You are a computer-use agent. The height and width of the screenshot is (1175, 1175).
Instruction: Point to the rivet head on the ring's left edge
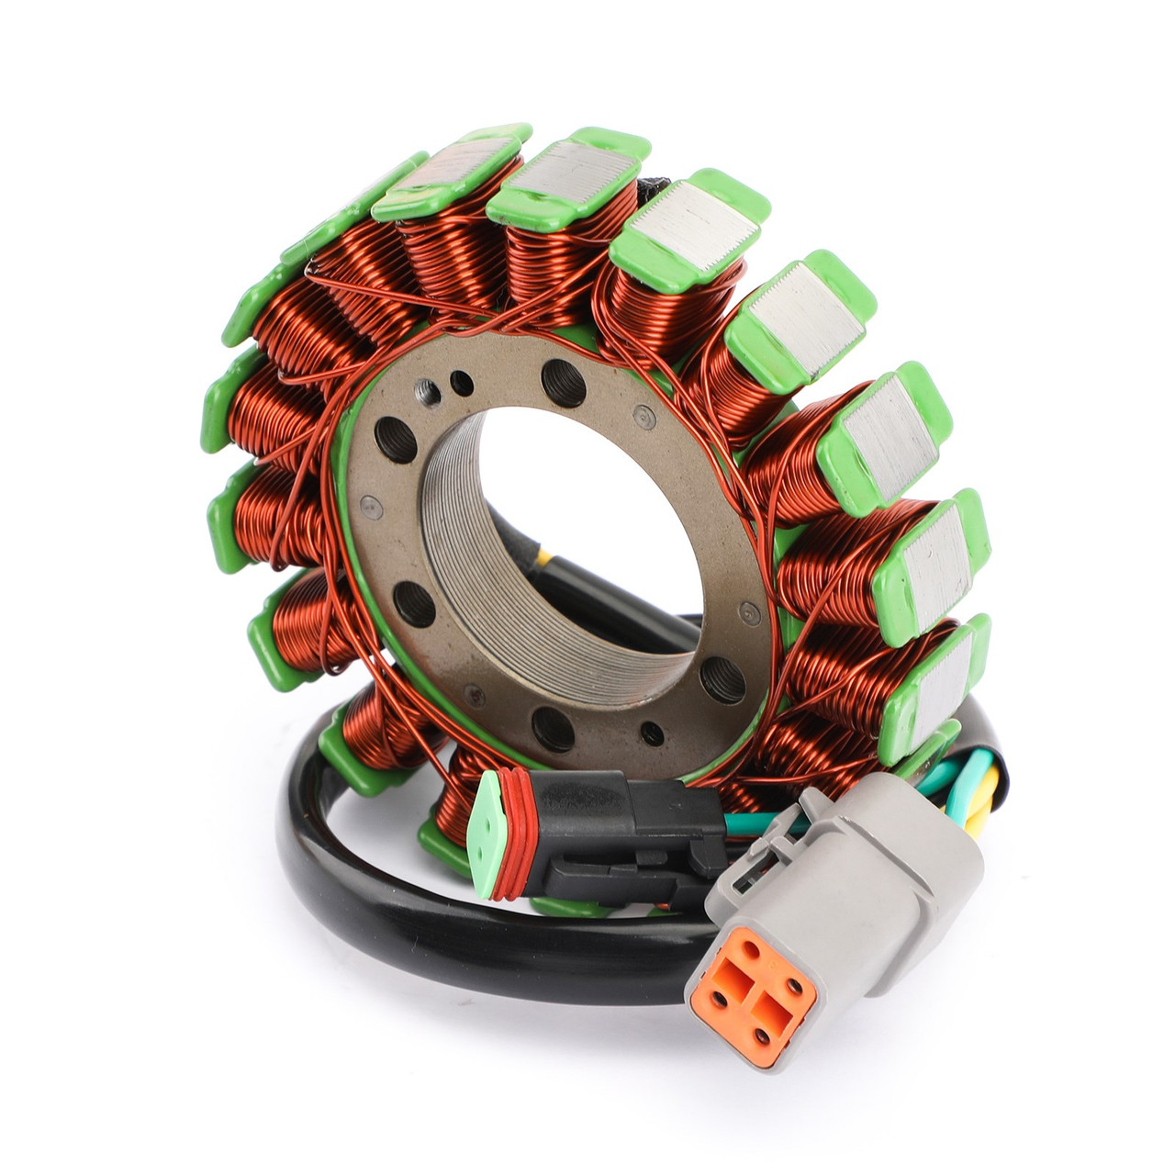click(x=367, y=504)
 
